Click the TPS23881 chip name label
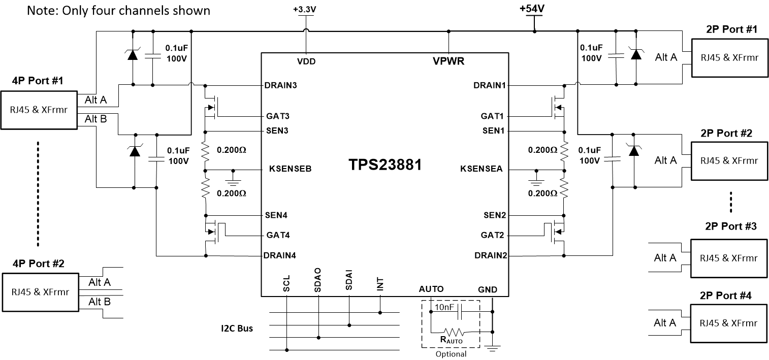click(x=385, y=165)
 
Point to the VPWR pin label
click(x=448, y=61)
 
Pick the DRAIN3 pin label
click(x=280, y=85)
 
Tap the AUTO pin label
click(x=431, y=289)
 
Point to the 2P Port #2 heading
click(x=728, y=133)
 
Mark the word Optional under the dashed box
click(x=451, y=354)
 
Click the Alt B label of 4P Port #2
click(x=100, y=302)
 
